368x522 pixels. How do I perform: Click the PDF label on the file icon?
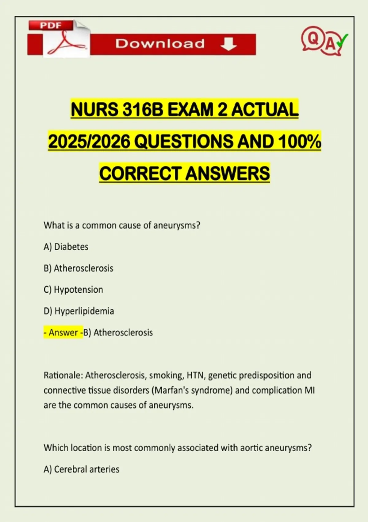click(51, 25)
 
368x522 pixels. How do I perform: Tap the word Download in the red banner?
click(160, 44)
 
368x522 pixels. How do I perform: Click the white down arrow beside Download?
click(228, 44)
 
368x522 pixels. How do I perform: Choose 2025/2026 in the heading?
click(89, 142)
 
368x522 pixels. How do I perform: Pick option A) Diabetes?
click(66, 247)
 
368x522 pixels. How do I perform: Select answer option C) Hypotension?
click(73, 290)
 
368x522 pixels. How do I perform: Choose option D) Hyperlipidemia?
click(79, 311)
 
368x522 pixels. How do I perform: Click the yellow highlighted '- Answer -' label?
click(63, 332)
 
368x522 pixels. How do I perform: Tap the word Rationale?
click(63, 375)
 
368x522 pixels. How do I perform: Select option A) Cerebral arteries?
click(82, 469)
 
